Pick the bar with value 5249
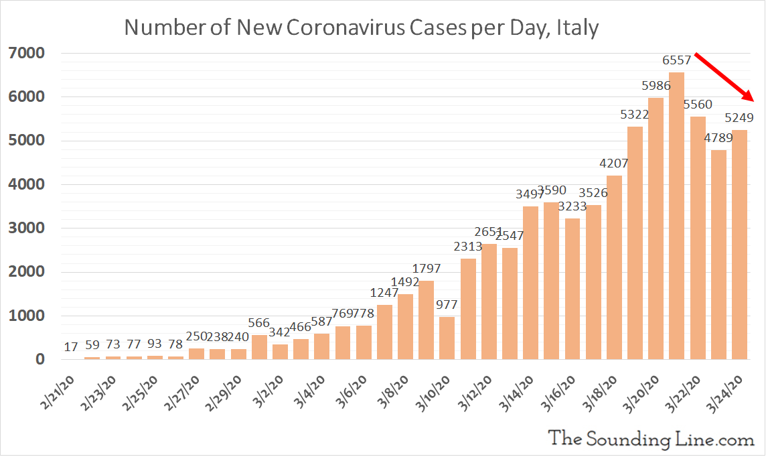pyautogui.click(x=739, y=245)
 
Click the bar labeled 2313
pyautogui.click(x=468, y=309)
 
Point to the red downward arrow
pyautogui.click(x=726, y=77)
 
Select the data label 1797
pyautogui.click(x=427, y=269)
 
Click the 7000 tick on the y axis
pyautogui.click(x=26, y=53)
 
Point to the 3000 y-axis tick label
pyautogui.click(x=26, y=228)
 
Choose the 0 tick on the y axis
pyautogui.click(x=40, y=360)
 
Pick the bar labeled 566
pyautogui.click(x=259, y=347)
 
